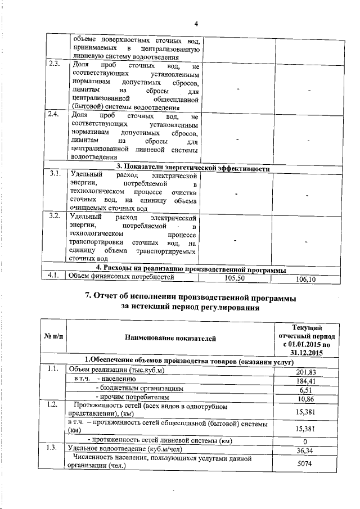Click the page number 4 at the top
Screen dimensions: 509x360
click(196, 24)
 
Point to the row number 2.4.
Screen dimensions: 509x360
click(55, 115)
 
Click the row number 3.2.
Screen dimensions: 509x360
click(55, 216)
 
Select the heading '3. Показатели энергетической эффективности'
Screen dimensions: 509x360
click(193, 168)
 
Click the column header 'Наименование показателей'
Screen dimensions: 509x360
click(170, 337)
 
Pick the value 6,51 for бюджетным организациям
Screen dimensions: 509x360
click(306, 390)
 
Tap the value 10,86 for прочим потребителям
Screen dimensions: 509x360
click(306, 399)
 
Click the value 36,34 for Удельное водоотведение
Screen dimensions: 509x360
click(306, 451)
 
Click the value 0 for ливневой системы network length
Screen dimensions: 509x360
click(306, 441)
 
